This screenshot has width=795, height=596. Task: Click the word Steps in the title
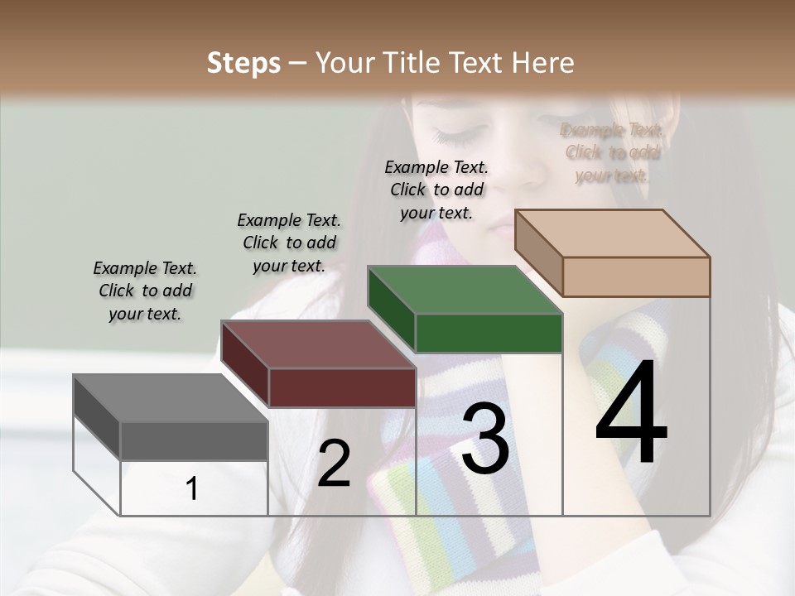(243, 63)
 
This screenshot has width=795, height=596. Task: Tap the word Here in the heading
(543, 63)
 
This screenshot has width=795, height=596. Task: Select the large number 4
(631, 413)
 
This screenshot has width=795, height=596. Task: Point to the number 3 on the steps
(484, 440)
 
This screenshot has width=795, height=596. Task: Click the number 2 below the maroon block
(334, 464)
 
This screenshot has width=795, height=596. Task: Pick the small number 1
(192, 488)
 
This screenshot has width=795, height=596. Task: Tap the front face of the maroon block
(342, 387)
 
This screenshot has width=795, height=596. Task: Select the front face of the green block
(489, 333)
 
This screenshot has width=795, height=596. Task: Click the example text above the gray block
(145, 291)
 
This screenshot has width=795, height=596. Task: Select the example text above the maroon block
(289, 243)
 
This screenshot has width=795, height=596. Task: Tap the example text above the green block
(436, 190)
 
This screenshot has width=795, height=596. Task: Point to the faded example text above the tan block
(612, 152)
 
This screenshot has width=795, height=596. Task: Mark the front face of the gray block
(194, 440)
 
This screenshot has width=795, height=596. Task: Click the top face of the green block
(465, 291)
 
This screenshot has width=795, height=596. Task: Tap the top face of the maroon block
(318, 344)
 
